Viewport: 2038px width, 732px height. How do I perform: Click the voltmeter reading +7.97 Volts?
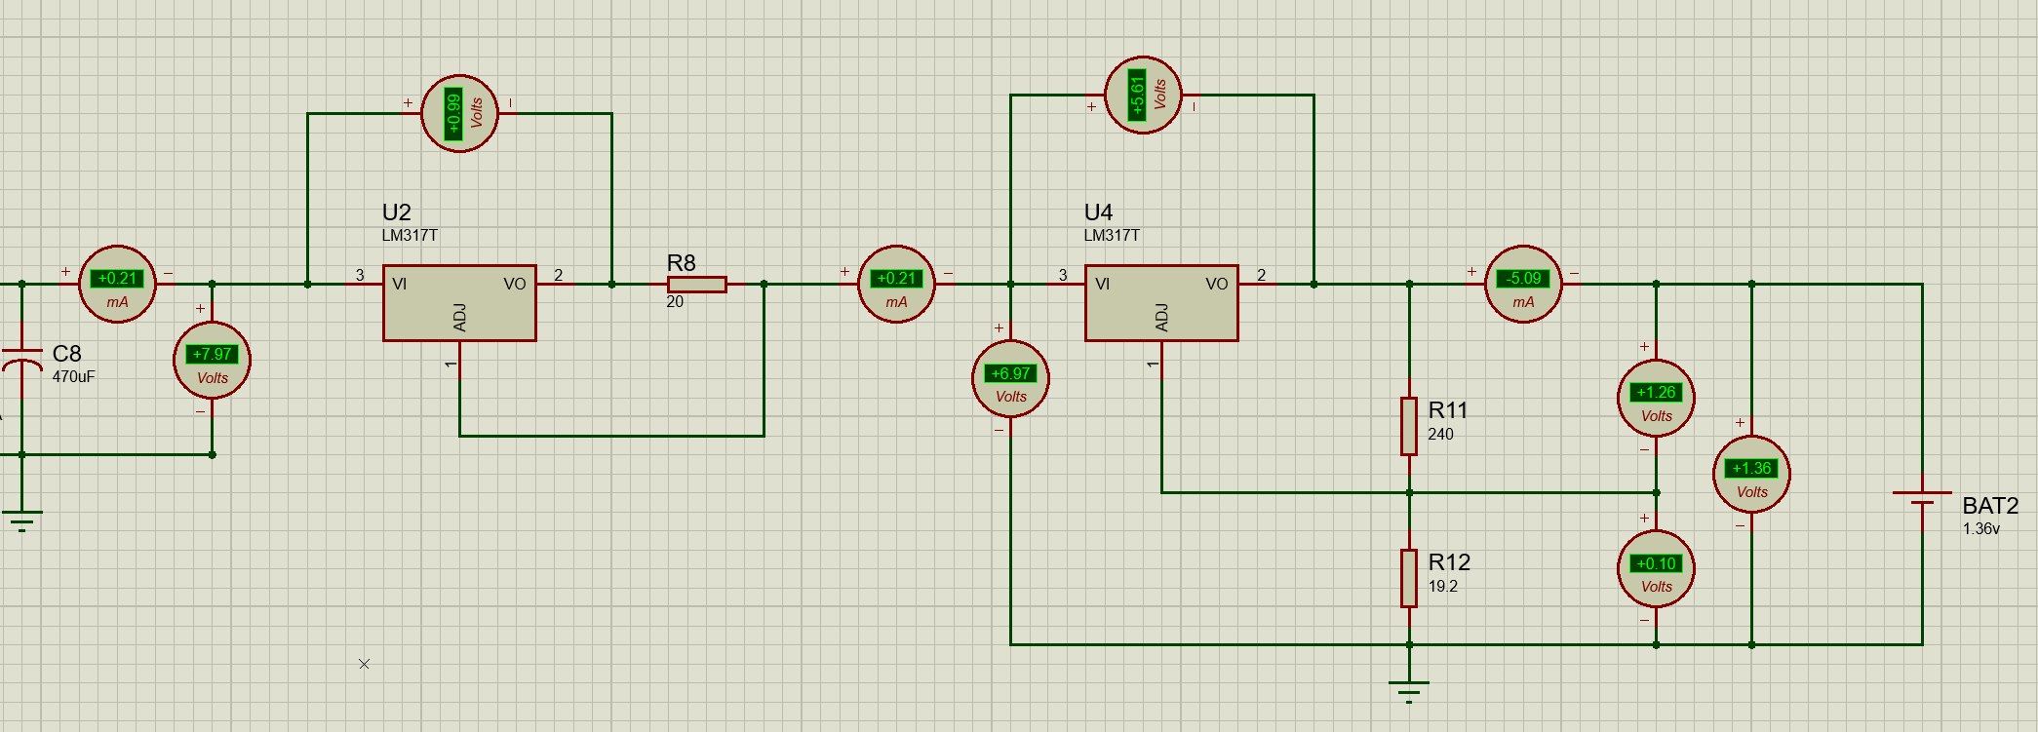pos(212,361)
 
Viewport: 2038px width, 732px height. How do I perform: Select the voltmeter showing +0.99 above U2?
pos(459,114)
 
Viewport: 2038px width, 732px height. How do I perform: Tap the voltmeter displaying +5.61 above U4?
pos(1143,96)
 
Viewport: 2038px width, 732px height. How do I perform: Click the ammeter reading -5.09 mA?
pos(1523,285)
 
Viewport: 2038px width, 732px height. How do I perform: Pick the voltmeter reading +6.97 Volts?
pos(1010,379)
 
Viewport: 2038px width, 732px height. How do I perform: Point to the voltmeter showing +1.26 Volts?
pos(1656,398)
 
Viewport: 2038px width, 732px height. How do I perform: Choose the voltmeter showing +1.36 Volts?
pos(1751,474)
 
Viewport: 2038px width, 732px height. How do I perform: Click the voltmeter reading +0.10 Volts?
pos(1656,569)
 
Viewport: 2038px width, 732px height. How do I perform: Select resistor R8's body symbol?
pos(696,285)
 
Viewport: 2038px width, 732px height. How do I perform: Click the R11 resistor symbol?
pos(1409,426)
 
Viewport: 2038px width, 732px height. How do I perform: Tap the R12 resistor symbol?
pos(1409,578)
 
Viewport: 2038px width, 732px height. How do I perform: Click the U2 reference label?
pos(397,212)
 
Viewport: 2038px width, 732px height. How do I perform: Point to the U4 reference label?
pos(1099,212)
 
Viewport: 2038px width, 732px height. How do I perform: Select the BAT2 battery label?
pos(1990,506)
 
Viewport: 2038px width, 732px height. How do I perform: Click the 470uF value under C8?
pos(74,377)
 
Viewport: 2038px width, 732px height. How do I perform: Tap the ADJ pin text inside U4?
pos(1161,317)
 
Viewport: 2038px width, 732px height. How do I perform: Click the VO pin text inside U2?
pos(515,285)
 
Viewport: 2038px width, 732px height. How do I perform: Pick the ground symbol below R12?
pos(1409,691)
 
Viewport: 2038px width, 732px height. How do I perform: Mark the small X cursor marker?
pos(364,664)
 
